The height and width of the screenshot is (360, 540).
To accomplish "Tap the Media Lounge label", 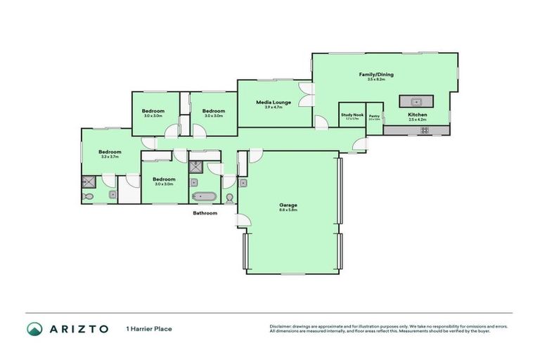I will [273, 102].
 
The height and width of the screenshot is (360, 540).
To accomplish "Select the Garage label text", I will [288, 205].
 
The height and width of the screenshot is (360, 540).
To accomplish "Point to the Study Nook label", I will [352, 115].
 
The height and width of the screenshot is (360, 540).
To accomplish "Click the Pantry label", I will [374, 116].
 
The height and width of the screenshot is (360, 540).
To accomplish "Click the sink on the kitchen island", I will [416, 101].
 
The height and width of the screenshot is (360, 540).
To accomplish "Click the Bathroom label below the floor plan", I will [205, 213].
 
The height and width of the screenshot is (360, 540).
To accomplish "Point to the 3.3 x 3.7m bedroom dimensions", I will [110, 157].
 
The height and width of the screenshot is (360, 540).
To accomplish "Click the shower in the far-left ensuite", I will [89, 181].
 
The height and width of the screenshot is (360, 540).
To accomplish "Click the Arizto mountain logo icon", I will [34, 328].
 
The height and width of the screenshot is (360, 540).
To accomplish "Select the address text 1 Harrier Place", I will [149, 328].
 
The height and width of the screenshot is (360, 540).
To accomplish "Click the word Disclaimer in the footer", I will [281, 326].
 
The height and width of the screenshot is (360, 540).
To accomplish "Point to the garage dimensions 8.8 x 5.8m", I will [288, 210].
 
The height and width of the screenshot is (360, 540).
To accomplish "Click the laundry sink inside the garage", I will [243, 182].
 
